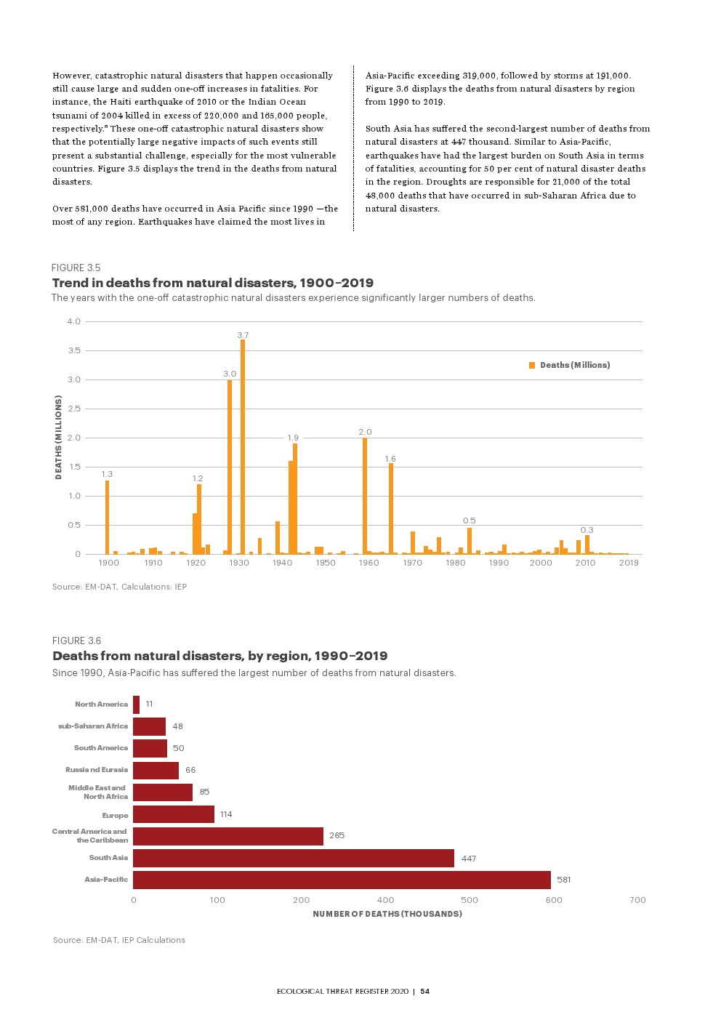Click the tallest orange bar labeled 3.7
click(x=243, y=446)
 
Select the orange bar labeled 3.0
click(x=230, y=466)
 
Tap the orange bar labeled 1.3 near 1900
click(x=107, y=517)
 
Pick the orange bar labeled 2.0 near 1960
click(x=365, y=495)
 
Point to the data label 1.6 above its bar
click(x=390, y=459)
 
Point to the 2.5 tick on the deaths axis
click(x=74, y=409)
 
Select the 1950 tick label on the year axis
click(x=326, y=563)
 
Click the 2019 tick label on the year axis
click(x=629, y=563)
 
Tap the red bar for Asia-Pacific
click(x=342, y=880)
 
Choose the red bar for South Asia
click(x=293, y=858)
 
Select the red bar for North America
click(x=136, y=704)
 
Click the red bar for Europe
click(x=174, y=814)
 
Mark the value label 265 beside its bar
click(x=337, y=835)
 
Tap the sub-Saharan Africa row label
click(x=93, y=726)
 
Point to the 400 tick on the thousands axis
click(x=385, y=900)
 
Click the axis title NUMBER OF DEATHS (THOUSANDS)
click(x=387, y=914)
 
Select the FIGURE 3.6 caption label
click(x=76, y=640)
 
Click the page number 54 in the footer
click(x=425, y=991)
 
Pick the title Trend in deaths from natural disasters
click(x=212, y=283)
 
